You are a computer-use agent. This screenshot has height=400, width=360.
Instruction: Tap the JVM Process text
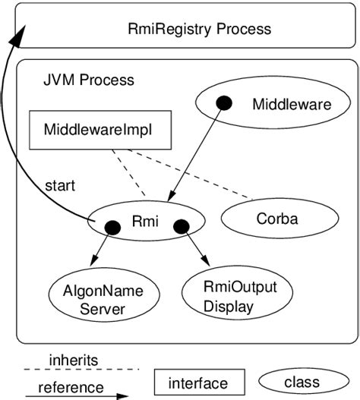coord(88,80)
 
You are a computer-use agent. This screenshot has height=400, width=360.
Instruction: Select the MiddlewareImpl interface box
coord(98,130)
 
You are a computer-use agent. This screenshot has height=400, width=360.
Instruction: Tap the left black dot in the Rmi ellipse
coord(112,227)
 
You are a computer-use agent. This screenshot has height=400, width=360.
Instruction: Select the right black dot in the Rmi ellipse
coord(181,226)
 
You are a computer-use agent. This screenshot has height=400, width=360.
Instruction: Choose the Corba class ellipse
coord(271,219)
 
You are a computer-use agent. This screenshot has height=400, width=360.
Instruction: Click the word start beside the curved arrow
coord(60,185)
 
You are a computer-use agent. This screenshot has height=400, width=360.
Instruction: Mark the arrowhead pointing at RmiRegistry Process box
coord(20,33)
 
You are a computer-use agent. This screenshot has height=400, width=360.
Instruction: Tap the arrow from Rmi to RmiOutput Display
coord(194,246)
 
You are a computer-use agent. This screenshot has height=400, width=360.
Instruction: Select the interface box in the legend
coord(200,383)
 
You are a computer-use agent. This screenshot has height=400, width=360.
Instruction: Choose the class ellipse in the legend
coord(302,382)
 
